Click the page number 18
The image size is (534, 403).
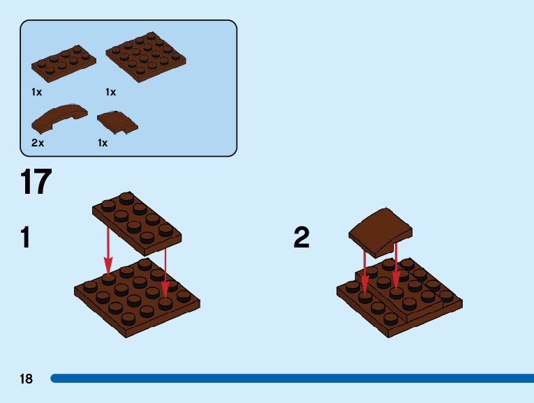point(27,379)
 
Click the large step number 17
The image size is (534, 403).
point(36,182)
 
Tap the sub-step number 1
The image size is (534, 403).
point(26,238)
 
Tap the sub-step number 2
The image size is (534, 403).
point(302,238)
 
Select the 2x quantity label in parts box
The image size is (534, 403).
point(38,143)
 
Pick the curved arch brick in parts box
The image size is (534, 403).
point(59,118)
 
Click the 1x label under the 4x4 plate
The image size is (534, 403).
point(110,92)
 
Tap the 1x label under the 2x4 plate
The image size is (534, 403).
point(37,92)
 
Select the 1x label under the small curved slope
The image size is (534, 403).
point(103,143)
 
